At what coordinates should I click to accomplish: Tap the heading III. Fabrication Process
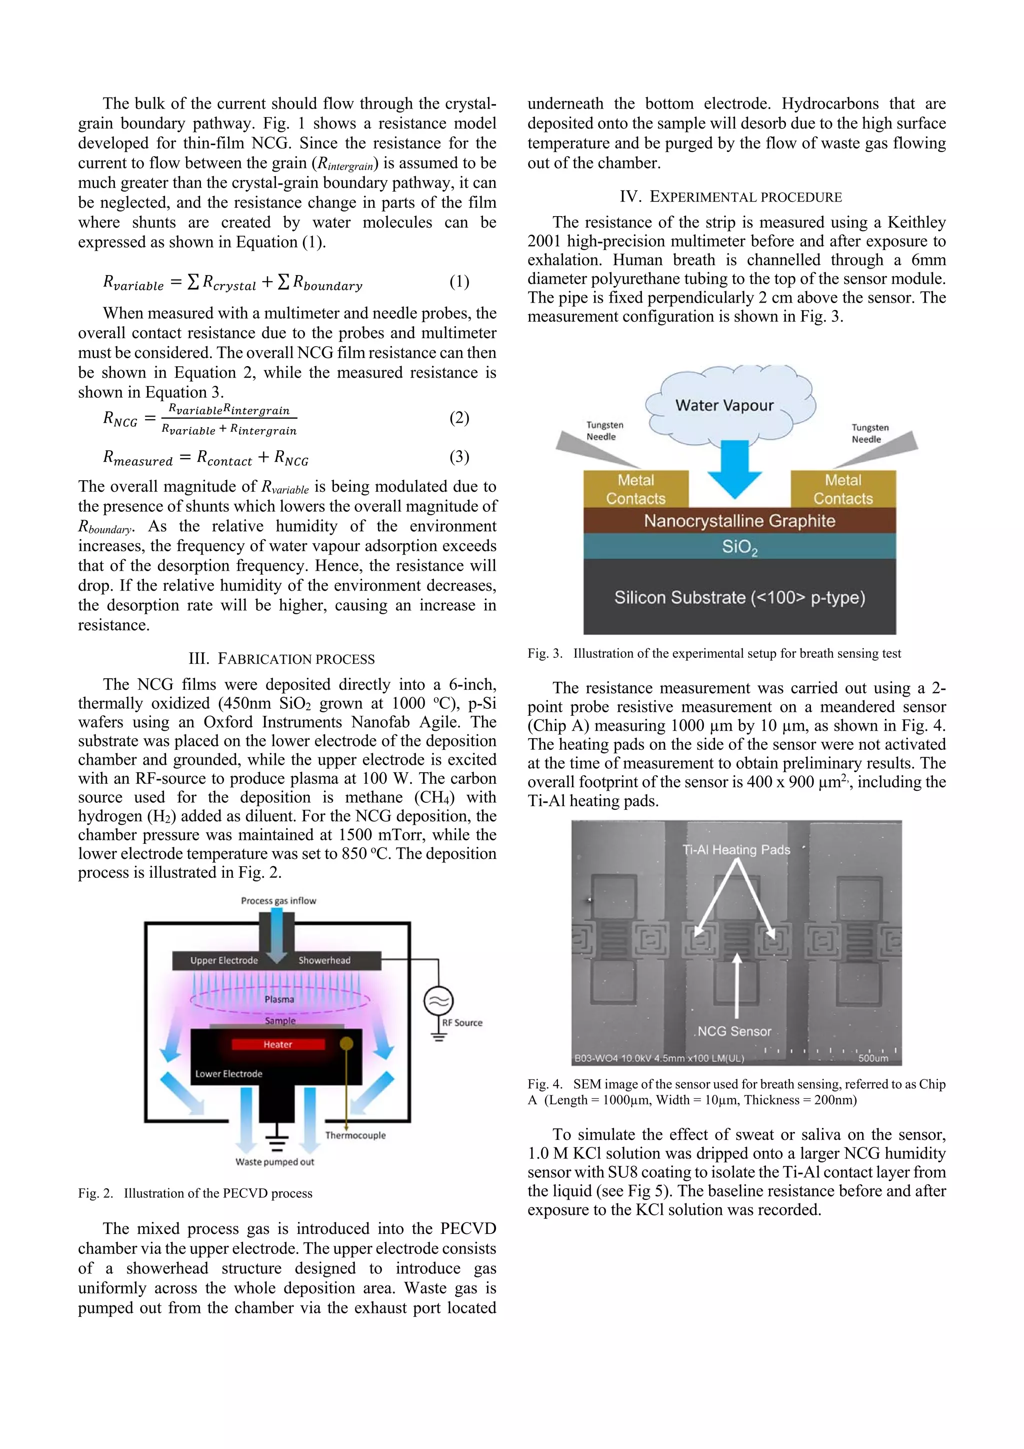click(x=281, y=659)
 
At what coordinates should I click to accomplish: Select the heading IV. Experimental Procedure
click(x=730, y=197)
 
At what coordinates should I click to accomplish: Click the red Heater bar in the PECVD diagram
click(x=277, y=1044)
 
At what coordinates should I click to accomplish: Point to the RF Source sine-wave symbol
click(x=438, y=1001)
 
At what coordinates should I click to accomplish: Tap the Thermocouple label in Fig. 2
click(x=355, y=1135)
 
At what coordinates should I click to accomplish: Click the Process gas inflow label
click(x=278, y=901)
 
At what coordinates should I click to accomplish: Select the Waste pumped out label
click(x=274, y=1162)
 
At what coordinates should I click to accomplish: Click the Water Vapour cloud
click(x=724, y=405)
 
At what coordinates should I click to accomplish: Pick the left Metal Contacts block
click(x=635, y=489)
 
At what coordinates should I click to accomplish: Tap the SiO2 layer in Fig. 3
click(x=739, y=547)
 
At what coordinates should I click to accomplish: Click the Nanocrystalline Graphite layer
click(x=739, y=521)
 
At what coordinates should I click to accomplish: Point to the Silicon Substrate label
click(x=739, y=597)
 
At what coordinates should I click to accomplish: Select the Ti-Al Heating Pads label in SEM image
click(x=735, y=849)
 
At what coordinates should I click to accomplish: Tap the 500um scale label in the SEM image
click(x=872, y=1058)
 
